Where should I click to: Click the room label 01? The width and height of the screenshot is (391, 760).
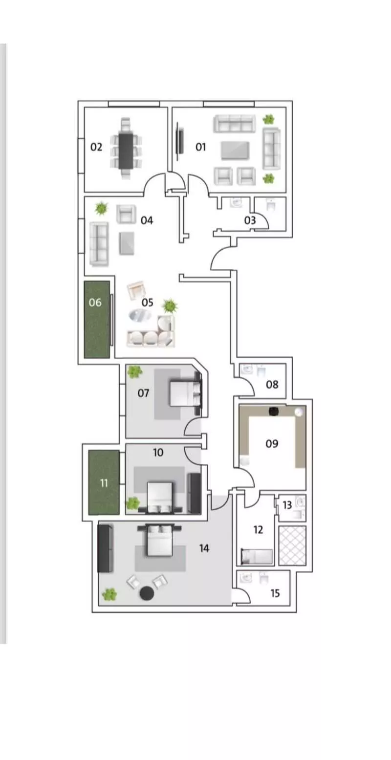200,147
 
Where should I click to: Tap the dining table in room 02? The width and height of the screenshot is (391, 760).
126,151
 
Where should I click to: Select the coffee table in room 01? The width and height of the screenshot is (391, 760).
235,151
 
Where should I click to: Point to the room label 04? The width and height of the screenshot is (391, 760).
147,220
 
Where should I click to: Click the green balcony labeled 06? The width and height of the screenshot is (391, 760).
97,319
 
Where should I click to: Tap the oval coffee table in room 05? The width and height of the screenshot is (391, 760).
140,315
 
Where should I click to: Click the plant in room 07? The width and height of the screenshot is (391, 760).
134,372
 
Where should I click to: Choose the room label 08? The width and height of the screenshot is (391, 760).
272,385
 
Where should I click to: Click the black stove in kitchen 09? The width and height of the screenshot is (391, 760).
274,411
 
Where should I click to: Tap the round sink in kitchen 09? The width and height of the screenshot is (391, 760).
299,412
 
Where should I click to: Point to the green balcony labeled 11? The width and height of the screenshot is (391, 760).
104,482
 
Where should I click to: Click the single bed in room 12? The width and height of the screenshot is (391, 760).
257,557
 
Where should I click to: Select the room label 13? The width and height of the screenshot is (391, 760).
287,505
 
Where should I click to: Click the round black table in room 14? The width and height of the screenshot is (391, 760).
147,593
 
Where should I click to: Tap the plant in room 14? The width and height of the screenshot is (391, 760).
109,594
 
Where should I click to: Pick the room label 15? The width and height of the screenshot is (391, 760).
275,593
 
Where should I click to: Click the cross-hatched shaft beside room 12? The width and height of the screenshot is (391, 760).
292,545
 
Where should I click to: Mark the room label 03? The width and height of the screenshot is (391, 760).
250,220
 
